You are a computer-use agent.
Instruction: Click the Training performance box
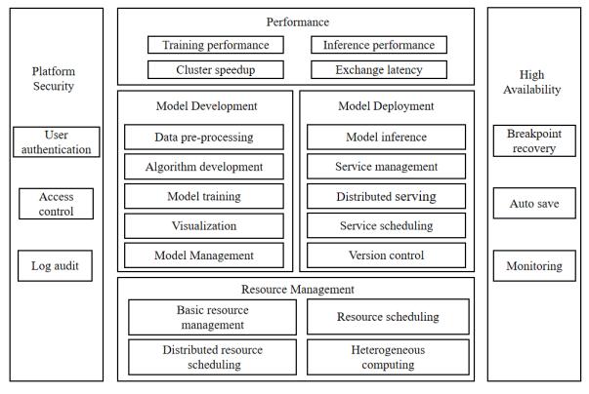[216, 45]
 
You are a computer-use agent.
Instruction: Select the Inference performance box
[379, 45]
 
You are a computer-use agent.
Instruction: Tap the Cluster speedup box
[216, 69]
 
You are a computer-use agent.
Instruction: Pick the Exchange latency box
[379, 69]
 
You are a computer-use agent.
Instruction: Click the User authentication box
[57, 142]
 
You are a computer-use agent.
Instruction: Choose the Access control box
[57, 204]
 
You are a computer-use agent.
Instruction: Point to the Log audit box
[56, 266]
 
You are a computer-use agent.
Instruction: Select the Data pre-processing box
[204, 138]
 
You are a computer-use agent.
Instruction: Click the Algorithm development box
[204, 167]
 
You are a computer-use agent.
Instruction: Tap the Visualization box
[204, 226]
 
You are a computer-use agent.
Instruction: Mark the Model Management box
[204, 256]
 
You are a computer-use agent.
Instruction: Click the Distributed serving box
[386, 196]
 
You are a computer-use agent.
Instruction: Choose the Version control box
[386, 256]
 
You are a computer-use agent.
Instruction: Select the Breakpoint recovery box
[534, 141]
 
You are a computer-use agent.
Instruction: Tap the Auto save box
[534, 204]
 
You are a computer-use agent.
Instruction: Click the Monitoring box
[534, 266]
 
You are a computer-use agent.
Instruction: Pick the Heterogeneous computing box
[388, 357]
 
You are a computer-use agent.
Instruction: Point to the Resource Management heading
[298, 290]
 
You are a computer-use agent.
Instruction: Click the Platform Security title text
[54, 79]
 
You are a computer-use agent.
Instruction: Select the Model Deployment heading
[386, 106]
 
